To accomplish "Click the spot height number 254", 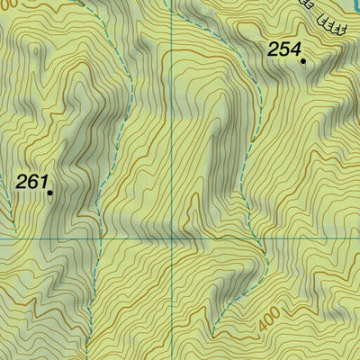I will [283, 50].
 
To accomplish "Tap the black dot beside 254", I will [303, 62].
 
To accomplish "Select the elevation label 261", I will [31, 183].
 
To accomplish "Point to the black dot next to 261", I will [49, 192].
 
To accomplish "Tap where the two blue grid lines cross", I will [173, 238].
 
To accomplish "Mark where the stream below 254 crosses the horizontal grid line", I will [261, 238].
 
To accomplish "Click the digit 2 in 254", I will [273, 50].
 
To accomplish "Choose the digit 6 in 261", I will [32, 183].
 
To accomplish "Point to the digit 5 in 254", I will [283, 50].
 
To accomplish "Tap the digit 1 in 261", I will [42, 183].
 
